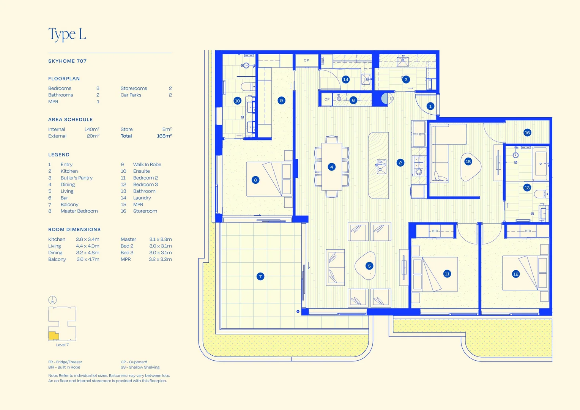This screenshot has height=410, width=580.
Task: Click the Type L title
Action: [67, 34]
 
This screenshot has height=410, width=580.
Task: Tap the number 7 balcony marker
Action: [260, 276]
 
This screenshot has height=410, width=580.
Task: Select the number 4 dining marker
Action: [331, 167]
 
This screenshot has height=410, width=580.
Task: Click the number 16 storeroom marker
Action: [527, 132]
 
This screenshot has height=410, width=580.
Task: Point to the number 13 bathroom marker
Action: [527, 188]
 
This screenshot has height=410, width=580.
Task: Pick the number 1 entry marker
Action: [430, 106]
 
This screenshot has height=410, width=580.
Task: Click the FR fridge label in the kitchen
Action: [419, 134]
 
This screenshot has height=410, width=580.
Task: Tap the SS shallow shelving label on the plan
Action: [392, 98]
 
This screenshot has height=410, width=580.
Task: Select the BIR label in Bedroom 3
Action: [528, 231]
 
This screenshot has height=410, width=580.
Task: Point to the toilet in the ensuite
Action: [248, 87]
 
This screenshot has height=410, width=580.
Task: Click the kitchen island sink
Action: [381, 167]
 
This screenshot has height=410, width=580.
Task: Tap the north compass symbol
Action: [52, 300]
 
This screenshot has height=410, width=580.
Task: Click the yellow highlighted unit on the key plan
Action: [54, 336]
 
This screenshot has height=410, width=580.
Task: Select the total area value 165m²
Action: [164, 136]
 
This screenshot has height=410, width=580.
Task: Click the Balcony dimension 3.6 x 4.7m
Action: [88, 259]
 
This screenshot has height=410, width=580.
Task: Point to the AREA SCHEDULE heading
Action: [71, 120]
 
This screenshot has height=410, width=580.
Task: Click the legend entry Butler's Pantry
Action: [76, 178]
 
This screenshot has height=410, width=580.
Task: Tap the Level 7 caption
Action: [62, 345]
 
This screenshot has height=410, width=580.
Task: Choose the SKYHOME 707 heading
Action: [67, 61]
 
